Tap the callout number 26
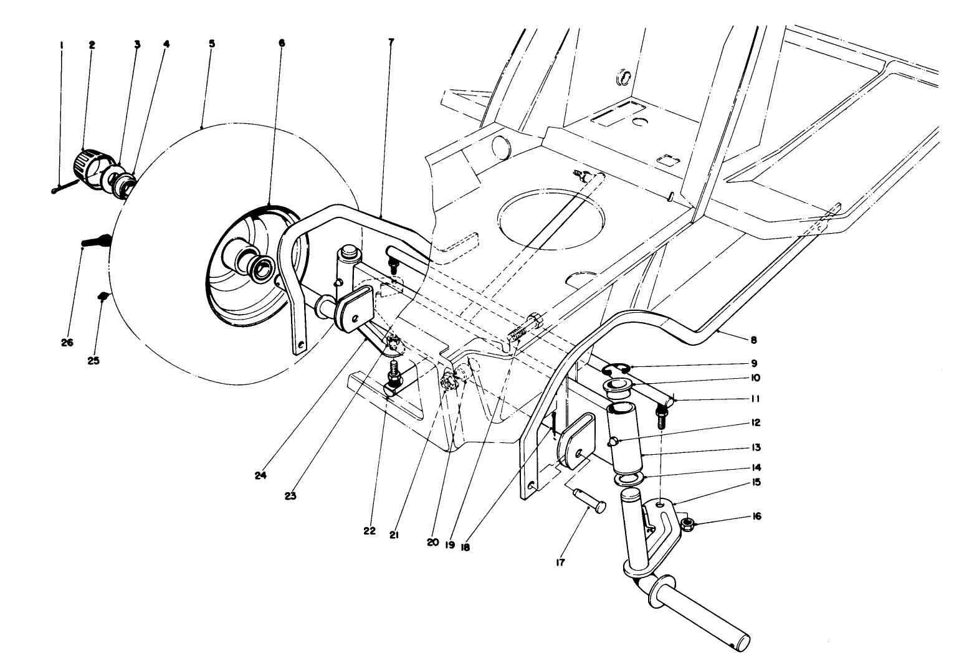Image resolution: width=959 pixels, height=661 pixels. point(67,343)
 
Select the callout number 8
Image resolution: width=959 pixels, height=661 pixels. point(753,340)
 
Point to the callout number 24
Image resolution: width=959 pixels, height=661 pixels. point(260,475)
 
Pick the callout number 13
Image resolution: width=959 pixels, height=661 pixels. point(756,447)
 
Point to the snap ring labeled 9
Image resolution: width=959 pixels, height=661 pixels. point(614,369)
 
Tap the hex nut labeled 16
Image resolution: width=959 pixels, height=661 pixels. point(689,521)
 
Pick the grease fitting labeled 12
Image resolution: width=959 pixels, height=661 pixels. point(613,442)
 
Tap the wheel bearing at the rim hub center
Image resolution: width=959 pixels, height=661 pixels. point(262,267)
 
